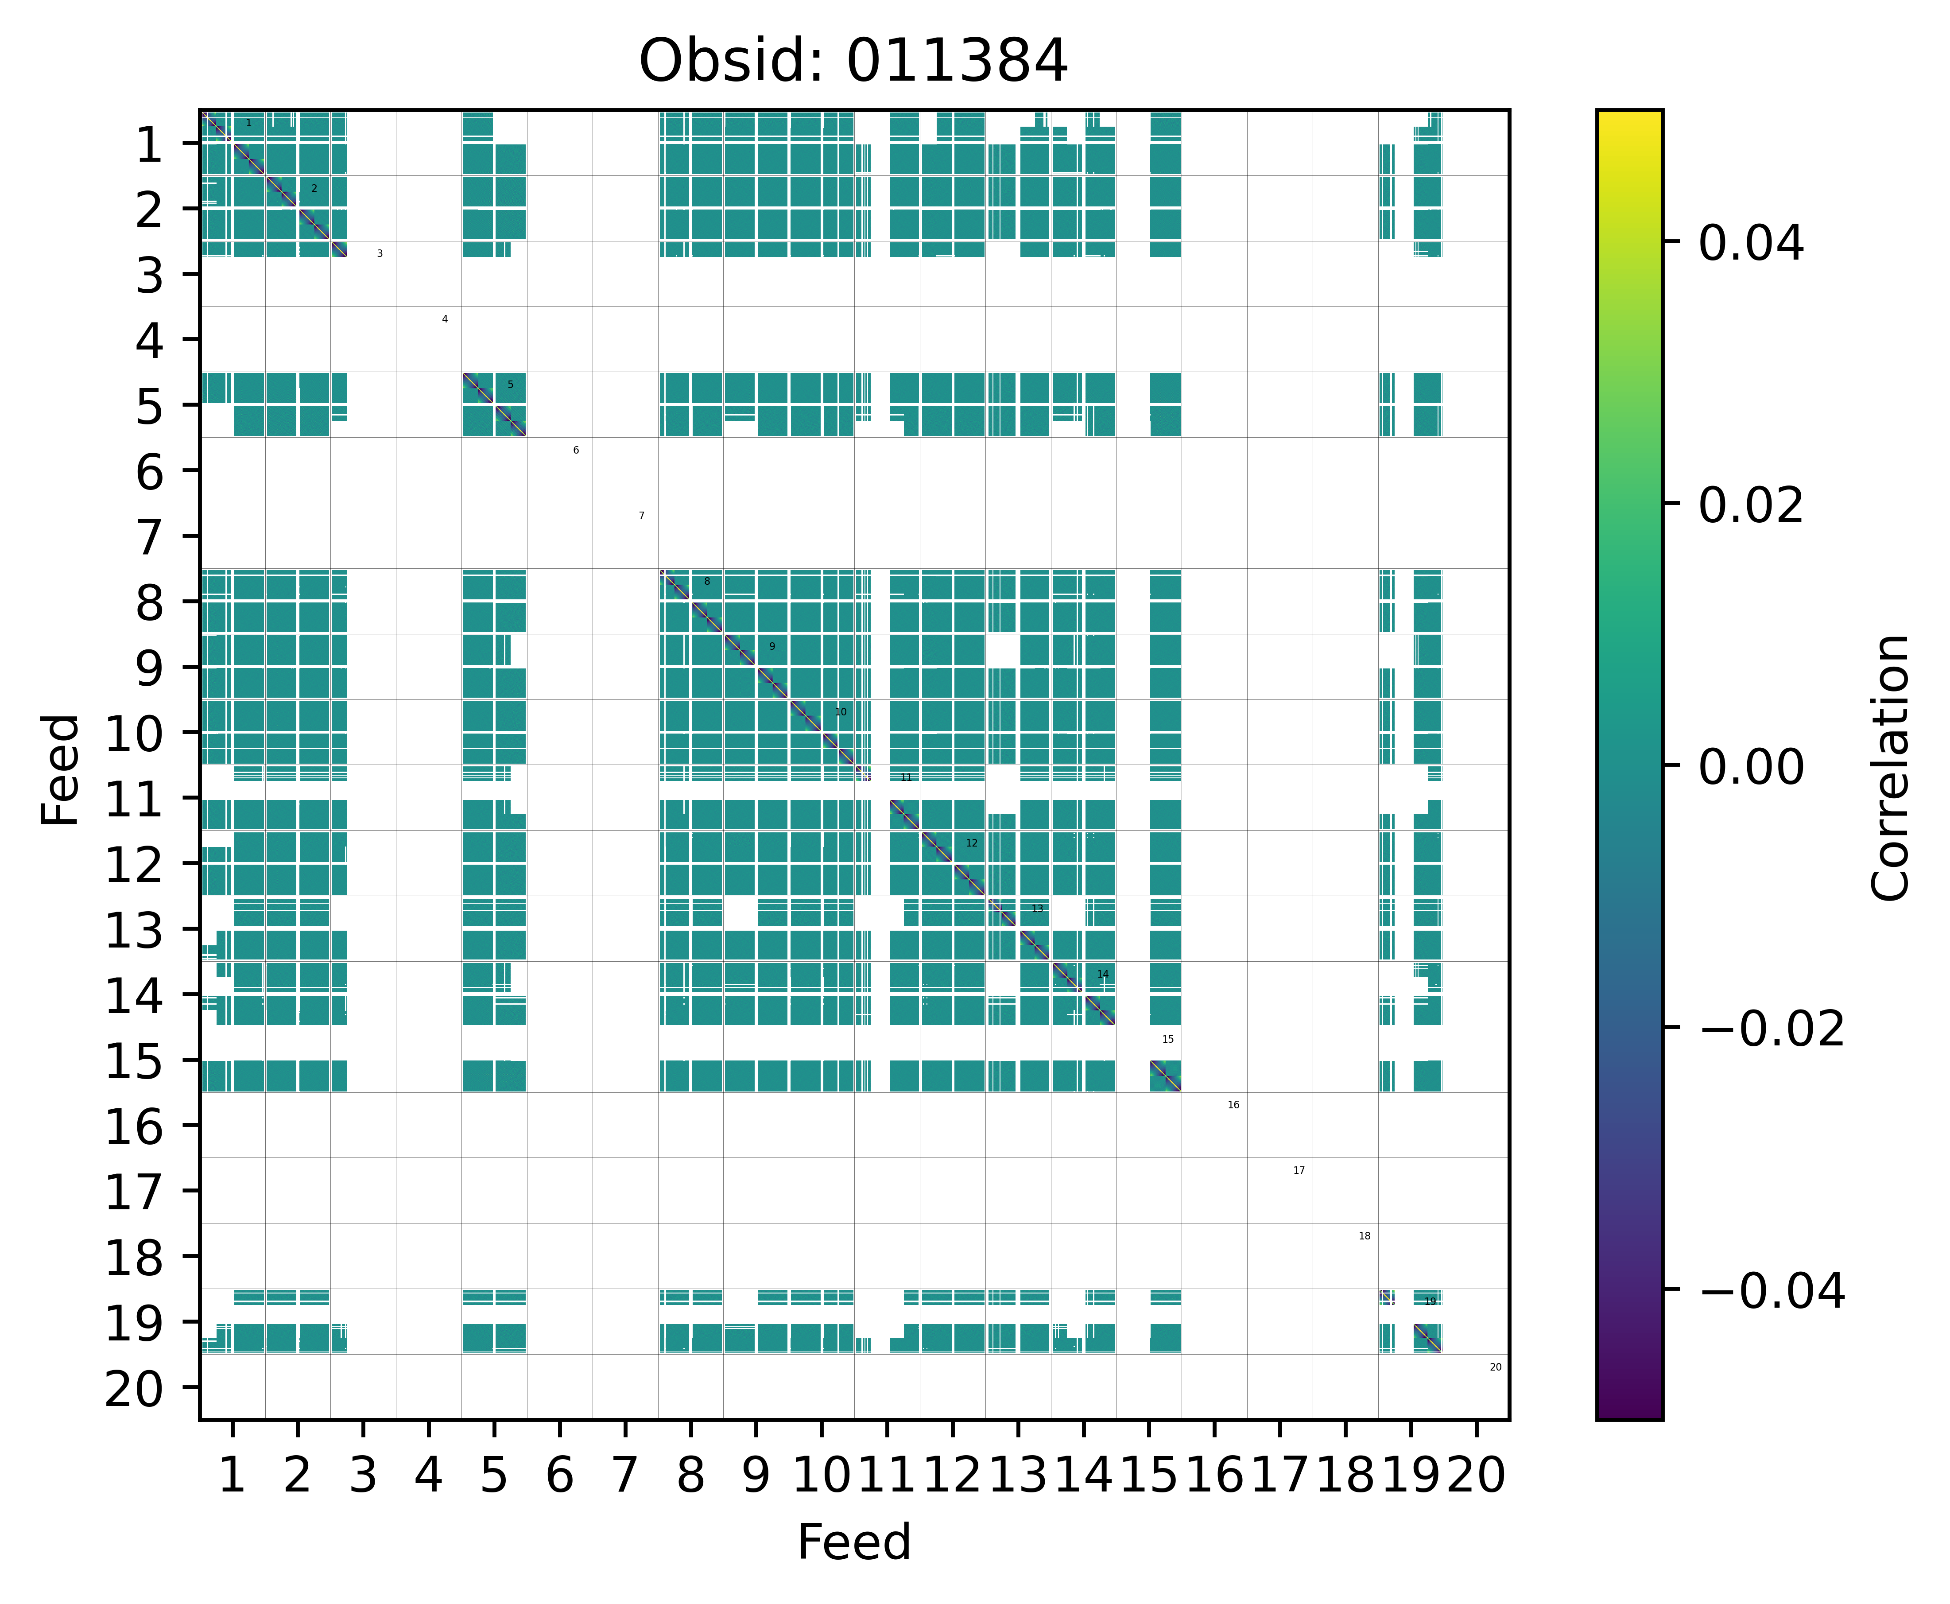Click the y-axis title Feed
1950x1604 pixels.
click(x=61, y=769)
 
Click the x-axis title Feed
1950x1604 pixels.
click(x=853, y=1542)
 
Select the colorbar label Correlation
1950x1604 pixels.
click(x=1890, y=767)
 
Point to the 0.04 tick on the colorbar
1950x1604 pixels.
click(x=1750, y=244)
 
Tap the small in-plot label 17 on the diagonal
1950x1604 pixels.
click(x=1299, y=1171)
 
